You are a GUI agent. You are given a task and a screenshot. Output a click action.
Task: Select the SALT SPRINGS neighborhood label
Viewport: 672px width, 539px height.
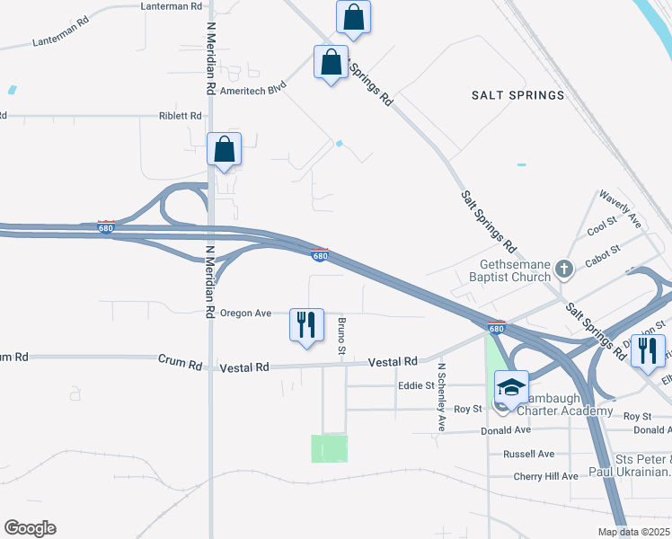coord(518,94)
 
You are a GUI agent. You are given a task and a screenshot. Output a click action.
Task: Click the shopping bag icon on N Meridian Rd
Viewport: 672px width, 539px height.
coord(224,150)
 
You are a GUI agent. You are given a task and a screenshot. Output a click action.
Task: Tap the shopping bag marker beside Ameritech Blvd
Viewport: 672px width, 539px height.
coord(331,62)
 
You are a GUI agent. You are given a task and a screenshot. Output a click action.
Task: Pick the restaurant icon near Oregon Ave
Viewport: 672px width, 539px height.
coord(306,325)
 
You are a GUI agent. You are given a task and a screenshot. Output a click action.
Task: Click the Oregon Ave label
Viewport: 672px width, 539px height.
coord(246,314)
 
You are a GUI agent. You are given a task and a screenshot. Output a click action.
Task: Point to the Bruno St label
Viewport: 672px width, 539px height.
coord(341,333)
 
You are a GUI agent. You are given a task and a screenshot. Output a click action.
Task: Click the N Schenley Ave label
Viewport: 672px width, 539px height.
coord(441,396)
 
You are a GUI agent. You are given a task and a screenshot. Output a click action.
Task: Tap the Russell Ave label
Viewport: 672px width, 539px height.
coord(530,454)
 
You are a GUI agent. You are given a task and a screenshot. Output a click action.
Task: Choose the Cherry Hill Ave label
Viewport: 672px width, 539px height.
coord(545,476)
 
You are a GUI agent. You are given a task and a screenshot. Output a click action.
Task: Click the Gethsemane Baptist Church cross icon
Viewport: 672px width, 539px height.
coord(563,268)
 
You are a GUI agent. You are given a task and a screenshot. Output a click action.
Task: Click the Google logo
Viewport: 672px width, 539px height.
coord(30,528)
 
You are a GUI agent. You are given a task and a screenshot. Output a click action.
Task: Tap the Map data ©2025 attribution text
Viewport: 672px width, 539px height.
coord(633,532)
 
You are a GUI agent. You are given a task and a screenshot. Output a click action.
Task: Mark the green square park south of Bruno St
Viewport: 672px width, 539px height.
coord(329,448)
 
